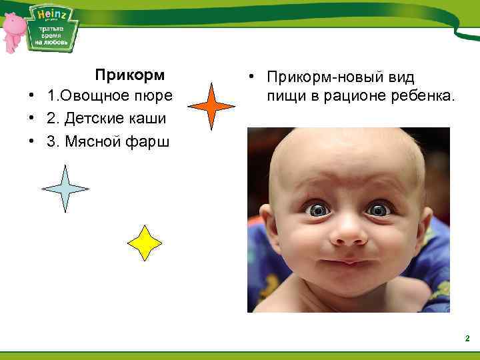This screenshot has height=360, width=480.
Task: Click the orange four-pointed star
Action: (211, 106)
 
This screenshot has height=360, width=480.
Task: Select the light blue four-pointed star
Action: (65, 189)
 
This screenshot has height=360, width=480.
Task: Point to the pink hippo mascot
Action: (14, 30)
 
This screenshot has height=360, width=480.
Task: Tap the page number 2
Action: (467, 339)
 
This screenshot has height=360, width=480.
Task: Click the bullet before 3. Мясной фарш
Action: (31, 141)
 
